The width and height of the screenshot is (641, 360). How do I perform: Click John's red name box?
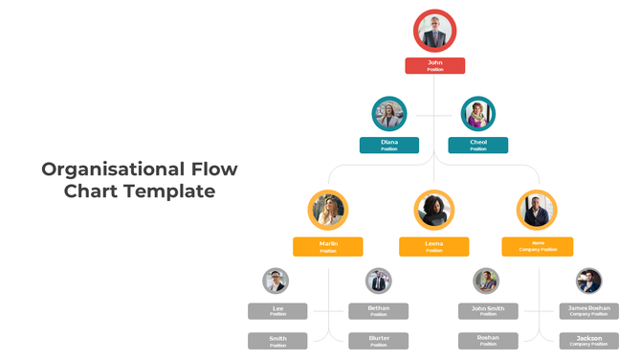click(x=434, y=65)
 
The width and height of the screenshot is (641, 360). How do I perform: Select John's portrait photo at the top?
click(x=434, y=31)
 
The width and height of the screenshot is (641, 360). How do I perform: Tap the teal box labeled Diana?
click(x=389, y=145)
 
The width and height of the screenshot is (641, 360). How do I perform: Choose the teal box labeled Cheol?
click(x=477, y=145)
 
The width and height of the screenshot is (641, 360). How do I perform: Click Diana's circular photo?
click(x=389, y=114)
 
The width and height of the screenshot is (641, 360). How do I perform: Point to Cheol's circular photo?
click(x=477, y=114)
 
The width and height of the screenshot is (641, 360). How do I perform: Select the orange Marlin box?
click(x=328, y=246)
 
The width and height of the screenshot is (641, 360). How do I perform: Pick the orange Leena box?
click(x=433, y=246)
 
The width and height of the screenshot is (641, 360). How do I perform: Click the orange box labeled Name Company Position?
click(x=537, y=246)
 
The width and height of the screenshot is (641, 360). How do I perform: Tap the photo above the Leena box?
click(x=433, y=210)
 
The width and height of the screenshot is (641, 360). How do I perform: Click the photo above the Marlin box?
click(x=328, y=210)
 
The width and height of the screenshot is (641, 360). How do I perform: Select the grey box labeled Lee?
click(x=277, y=311)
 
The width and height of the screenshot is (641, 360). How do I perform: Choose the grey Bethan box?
click(x=379, y=311)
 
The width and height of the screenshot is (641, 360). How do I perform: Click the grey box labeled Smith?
click(x=277, y=341)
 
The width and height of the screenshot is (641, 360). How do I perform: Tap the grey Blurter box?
click(x=379, y=341)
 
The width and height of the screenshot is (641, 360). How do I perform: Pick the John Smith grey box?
click(x=488, y=311)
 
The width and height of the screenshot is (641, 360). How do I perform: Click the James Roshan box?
click(x=588, y=311)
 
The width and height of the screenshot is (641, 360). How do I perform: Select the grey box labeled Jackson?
click(x=588, y=341)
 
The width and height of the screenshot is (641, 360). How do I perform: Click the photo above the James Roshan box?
click(x=588, y=281)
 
